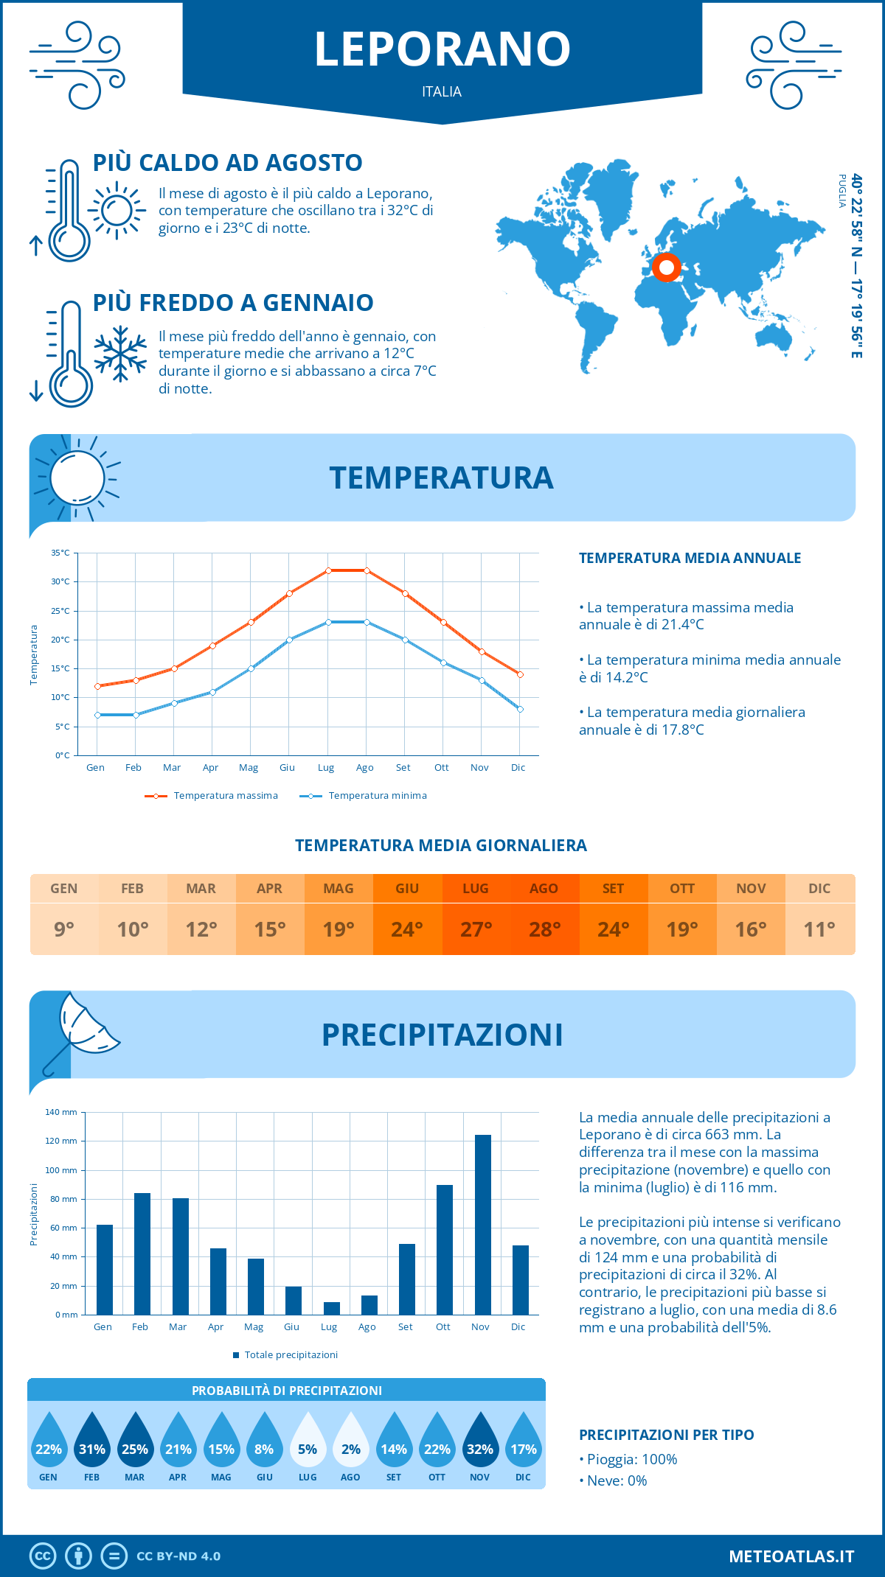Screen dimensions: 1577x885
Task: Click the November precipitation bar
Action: click(x=483, y=1225)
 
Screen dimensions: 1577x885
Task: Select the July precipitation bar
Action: click(x=332, y=1308)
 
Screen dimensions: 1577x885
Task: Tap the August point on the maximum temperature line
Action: click(x=367, y=570)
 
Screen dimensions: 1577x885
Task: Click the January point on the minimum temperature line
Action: click(x=97, y=715)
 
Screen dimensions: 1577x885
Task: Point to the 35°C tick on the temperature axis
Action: click(x=60, y=553)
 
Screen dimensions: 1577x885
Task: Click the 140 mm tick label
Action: click(x=61, y=1112)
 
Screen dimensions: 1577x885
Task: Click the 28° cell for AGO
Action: click(x=544, y=929)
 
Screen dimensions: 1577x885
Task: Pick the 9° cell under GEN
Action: click(x=64, y=929)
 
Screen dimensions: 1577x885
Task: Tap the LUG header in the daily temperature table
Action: click(x=476, y=889)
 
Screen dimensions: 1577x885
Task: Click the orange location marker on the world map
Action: click(x=667, y=268)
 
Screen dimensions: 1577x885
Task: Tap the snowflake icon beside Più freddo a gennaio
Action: click(x=120, y=354)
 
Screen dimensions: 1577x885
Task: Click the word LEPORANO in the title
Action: click(x=442, y=49)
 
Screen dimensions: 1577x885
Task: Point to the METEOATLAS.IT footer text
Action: click(x=791, y=1556)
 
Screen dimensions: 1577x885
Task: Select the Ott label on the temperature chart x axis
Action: click(x=441, y=768)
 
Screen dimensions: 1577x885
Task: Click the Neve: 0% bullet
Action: click(x=613, y=1480)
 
